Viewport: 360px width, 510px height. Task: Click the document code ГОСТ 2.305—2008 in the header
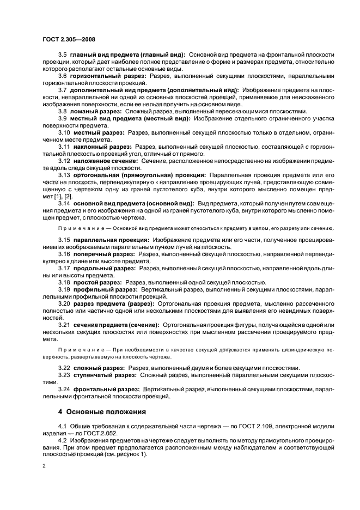(65, 40)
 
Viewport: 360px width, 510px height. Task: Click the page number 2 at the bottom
(44, 466)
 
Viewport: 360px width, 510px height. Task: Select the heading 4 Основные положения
(102, 411)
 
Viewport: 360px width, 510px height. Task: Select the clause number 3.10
(64, 131)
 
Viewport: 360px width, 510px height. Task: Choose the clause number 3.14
(64, 203)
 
